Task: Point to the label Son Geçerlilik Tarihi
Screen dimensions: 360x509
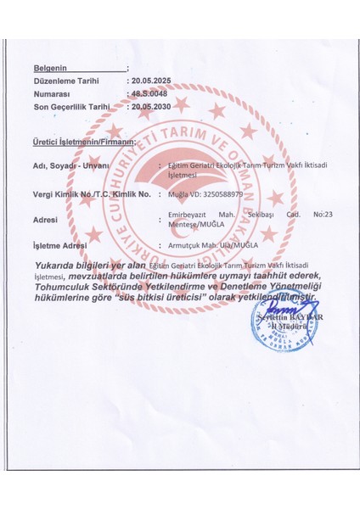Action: click(72, 107)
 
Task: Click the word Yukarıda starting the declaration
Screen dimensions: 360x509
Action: click(58, 266)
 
